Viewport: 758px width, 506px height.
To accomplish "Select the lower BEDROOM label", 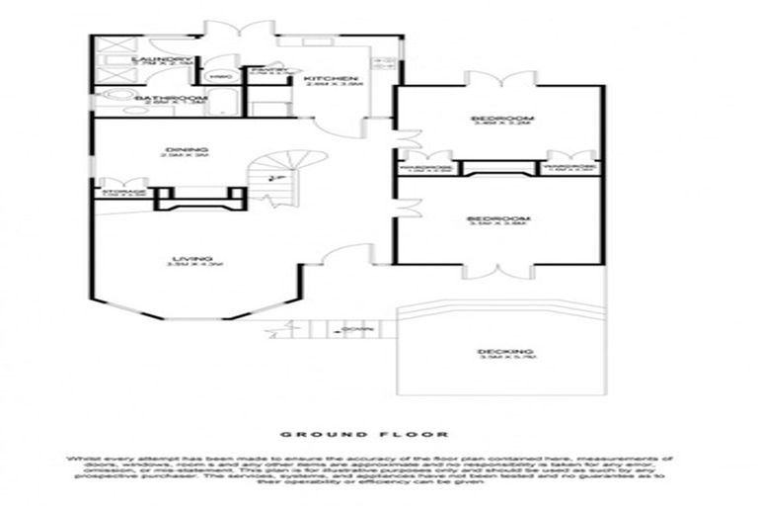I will (x=498, y=218).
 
